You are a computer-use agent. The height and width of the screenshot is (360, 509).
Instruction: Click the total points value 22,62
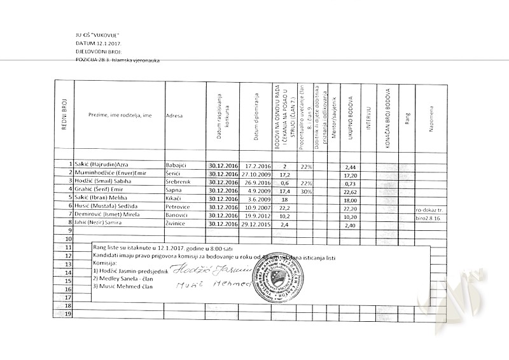pos(349,191)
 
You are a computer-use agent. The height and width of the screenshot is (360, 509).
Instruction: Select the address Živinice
pos(176,225)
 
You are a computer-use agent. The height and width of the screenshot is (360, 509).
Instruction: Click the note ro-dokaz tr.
pos(431,209)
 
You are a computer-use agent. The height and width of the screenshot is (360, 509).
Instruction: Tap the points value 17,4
pos(284,191)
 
